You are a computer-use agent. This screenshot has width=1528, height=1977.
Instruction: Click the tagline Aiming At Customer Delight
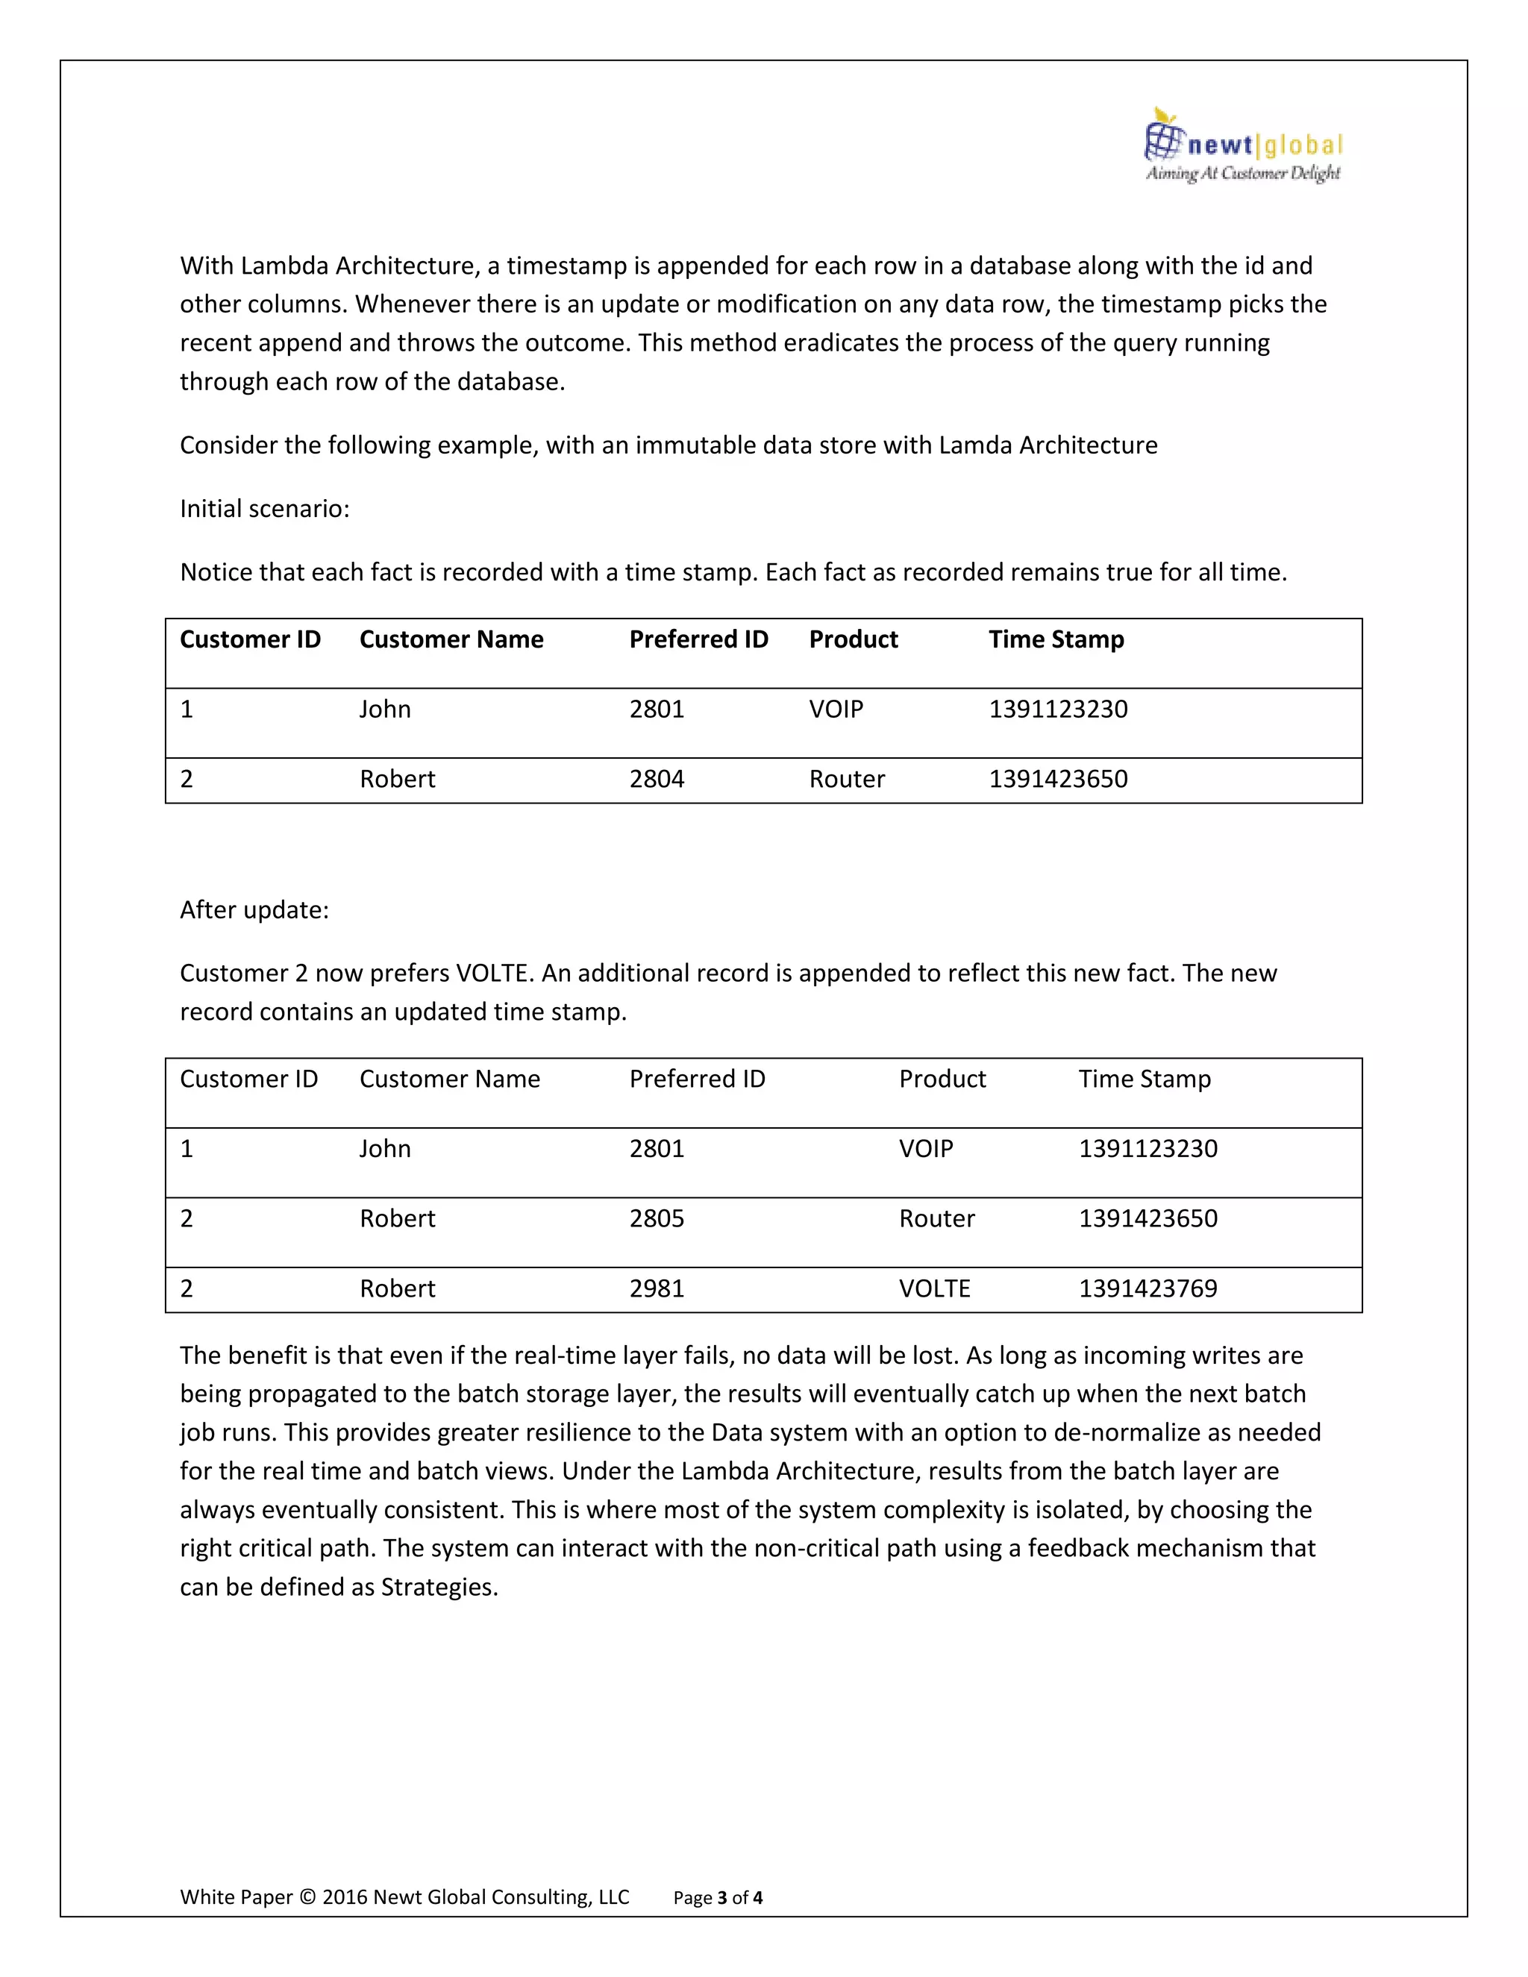coord(1242,173)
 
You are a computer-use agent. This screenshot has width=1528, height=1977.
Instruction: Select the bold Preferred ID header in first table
coord(698,639)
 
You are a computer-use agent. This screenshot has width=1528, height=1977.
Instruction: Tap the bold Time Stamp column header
coord(1056,639)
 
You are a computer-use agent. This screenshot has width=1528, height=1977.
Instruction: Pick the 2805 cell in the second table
coord(657,1218)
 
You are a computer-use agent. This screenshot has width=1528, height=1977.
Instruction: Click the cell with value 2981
coord(657,1288)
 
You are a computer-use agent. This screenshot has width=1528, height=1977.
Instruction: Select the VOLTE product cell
coord(934,1288)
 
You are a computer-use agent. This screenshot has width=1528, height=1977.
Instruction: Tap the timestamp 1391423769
coord(1147,1288)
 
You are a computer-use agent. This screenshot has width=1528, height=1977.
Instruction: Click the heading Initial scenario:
coord(264,509)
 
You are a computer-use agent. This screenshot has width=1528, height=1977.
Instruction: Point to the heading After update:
coord(254,909)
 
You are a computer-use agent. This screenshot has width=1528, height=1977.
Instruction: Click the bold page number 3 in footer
coord(721,1898)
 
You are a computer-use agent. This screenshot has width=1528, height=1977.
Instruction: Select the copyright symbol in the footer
coord(308,1897)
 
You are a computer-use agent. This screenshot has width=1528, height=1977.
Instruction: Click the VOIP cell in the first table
coord(836,709)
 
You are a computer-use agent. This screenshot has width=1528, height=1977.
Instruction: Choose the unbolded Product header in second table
coord(942,1079)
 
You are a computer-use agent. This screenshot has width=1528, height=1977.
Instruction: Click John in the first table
coord(385,709)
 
